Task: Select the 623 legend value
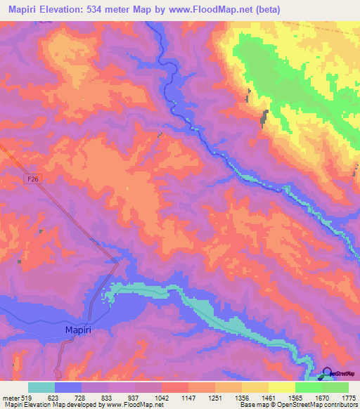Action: point(53,397)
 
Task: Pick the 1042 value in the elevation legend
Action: point(161,397)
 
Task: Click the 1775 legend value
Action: point(348,397)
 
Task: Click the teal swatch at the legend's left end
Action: point(41,387)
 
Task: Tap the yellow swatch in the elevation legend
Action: point(281,387)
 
